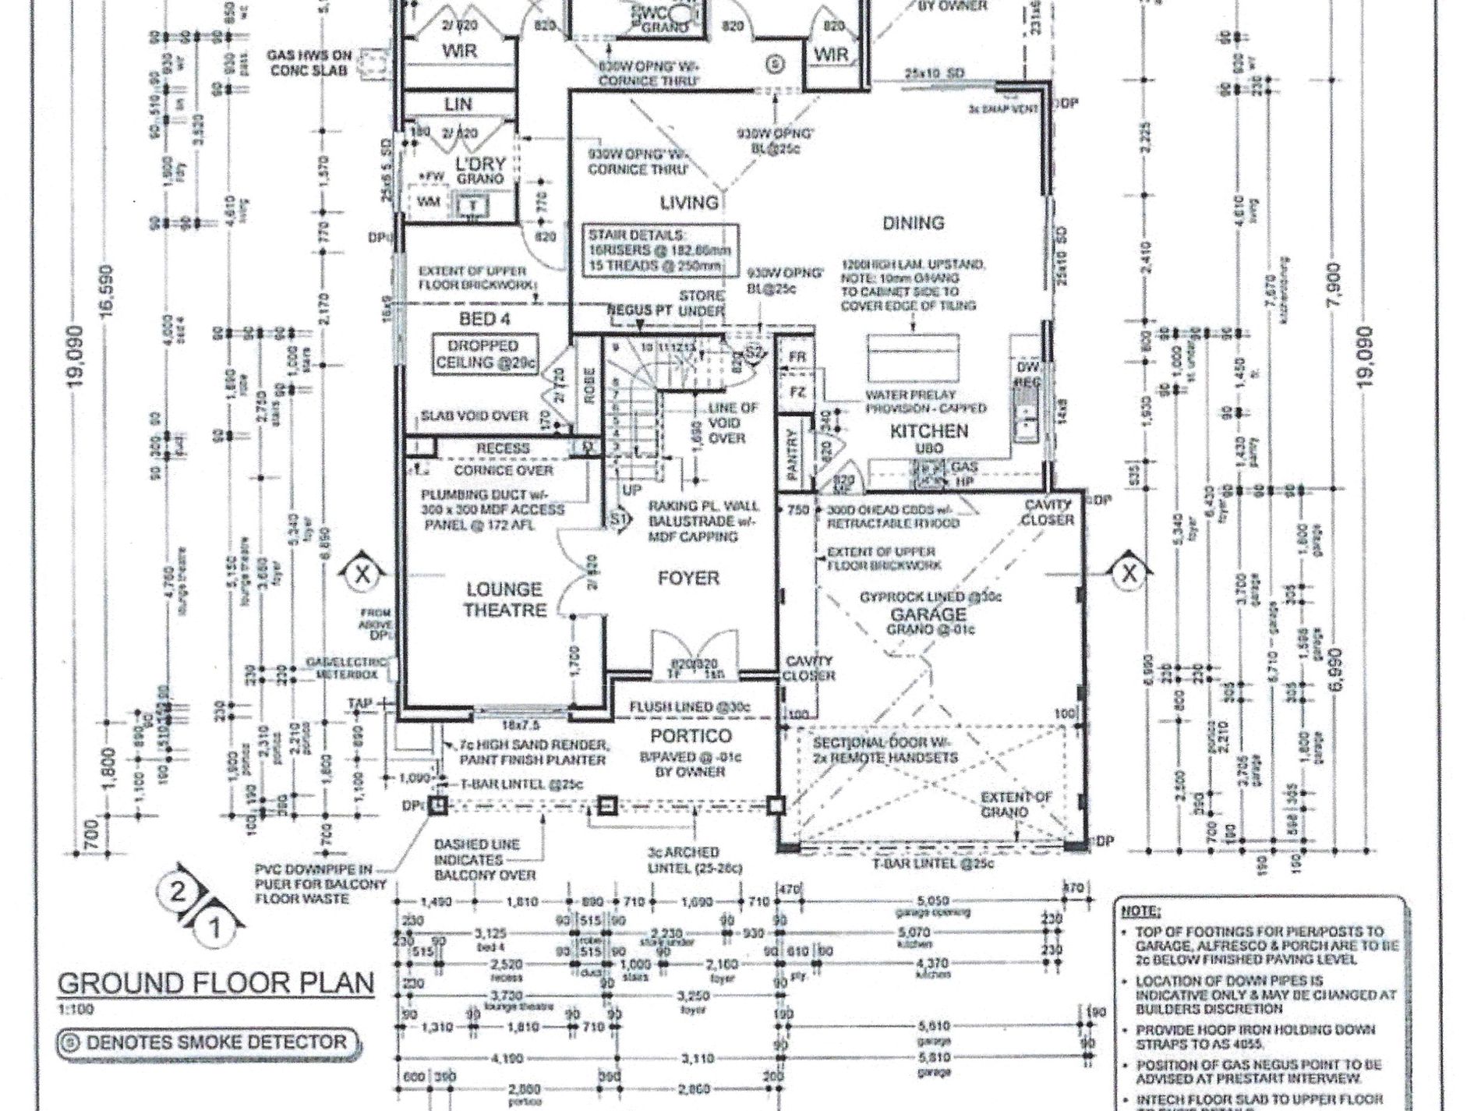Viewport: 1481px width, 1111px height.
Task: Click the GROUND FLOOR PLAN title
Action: coord(216,983)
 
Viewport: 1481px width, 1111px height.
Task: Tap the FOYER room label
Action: coord(688,578)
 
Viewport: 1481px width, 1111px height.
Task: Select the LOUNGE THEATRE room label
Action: coord(504,599)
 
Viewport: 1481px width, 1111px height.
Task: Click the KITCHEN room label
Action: coord(929,430)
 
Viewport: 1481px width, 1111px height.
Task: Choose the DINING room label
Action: coord(913,223)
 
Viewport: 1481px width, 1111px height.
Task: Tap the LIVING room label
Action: coord(688,203)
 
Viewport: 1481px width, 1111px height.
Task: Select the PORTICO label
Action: coord(691,736)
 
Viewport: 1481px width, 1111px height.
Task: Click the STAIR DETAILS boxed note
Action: coord(663,249)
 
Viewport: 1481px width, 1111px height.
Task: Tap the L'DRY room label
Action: coord(481,165)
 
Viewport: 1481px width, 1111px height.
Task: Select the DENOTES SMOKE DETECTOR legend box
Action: coord(209,1042)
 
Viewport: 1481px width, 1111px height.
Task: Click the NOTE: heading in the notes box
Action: coord(1140,911)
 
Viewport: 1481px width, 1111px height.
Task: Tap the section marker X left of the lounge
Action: coord(361,575)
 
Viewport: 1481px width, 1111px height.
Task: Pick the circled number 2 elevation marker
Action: coord(178,892)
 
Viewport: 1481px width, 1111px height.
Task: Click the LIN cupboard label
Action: coord(458,104)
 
